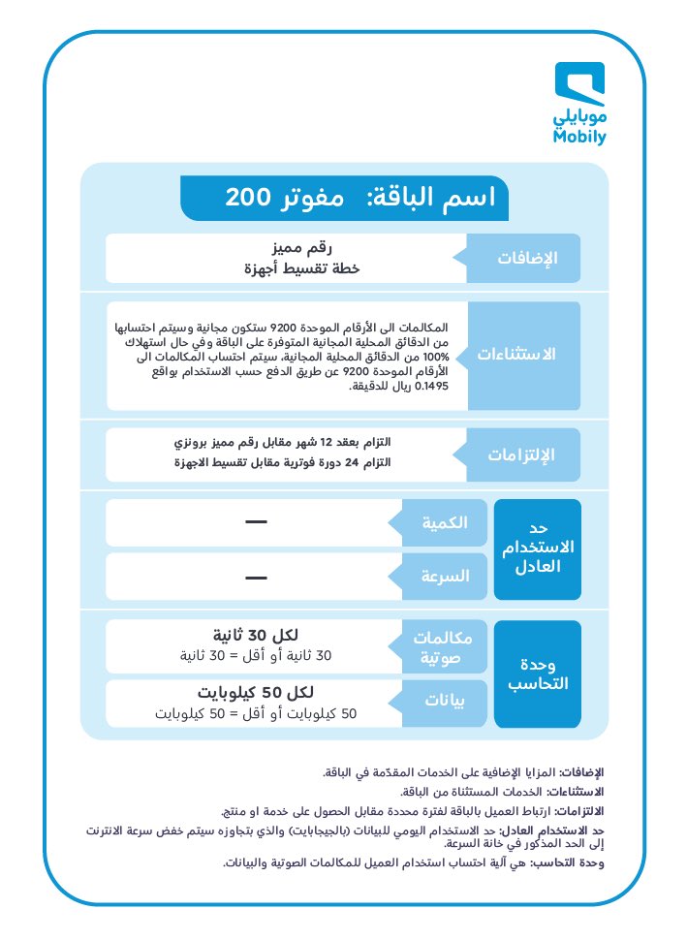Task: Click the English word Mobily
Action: coord(580,138)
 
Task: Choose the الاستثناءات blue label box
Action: coord(523,355)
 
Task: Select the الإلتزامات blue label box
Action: coord(523,454)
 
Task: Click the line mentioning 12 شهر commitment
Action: coord(286,442)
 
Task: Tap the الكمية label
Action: coord(443,523)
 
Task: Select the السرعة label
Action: coord(443,576)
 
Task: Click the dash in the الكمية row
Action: coord(256,523)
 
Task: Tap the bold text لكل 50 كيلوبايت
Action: coord(254,693)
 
